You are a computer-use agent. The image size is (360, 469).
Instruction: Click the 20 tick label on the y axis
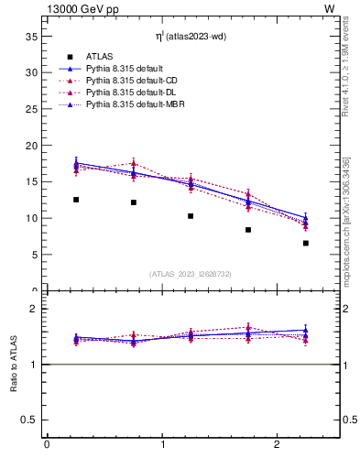coord(30,146)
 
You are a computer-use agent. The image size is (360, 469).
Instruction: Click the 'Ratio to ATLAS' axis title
coord(14,364)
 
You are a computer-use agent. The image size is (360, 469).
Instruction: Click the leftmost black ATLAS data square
coord(76,200)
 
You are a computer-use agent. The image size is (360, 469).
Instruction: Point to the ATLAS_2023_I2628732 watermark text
coord(191,273)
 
